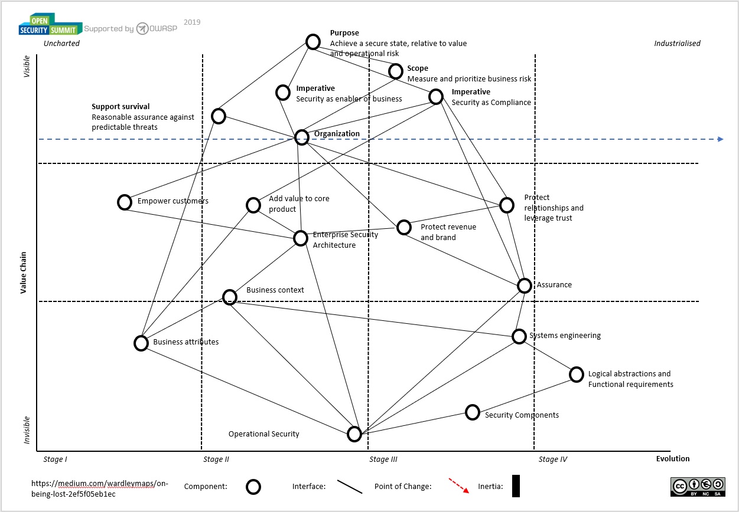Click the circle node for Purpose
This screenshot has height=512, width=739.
[312, 42]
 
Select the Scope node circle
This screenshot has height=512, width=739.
[396, 71]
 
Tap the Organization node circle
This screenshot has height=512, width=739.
[302, 137]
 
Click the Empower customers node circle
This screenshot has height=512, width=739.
[125, 202]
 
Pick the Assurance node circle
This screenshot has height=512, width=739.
[525, 285]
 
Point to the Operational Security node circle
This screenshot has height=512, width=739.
[354, 434]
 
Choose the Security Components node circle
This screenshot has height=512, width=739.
[472, 412]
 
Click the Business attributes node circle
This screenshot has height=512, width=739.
[141, 343]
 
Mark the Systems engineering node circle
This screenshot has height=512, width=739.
[519, 336]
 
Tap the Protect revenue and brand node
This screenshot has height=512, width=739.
[404, 227]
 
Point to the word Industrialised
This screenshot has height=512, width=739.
[677, 43]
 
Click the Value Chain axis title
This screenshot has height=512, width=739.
[24, 271]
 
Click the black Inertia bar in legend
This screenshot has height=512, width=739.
[516, 486]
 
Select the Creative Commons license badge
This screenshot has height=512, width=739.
[698, 486]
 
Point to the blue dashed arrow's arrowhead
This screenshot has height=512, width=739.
[720, 139]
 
